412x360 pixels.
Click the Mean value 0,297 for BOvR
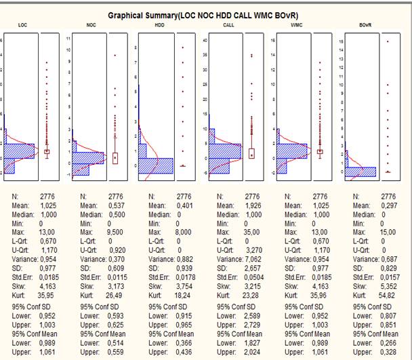pos(388,205)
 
